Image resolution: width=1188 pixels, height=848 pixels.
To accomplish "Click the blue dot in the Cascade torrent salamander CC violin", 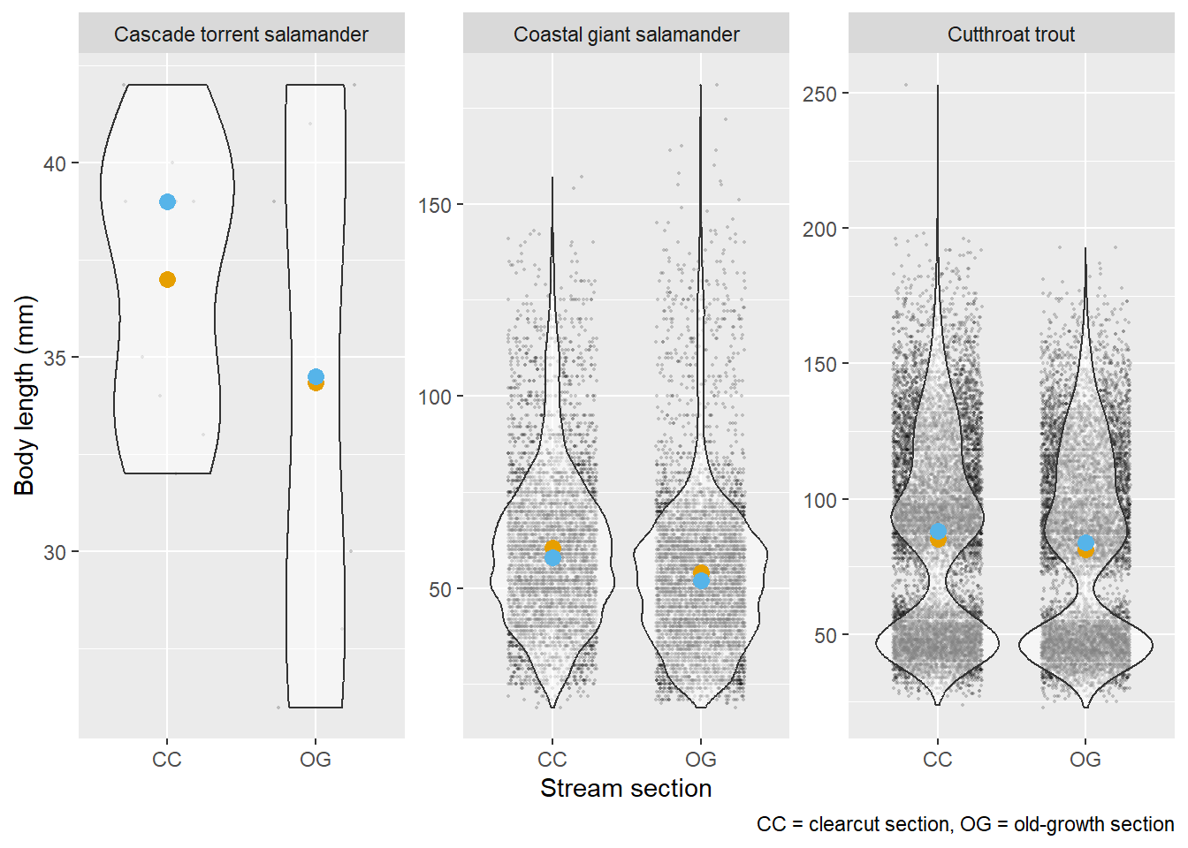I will click(167, 202).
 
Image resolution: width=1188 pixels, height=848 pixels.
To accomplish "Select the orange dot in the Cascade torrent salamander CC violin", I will click(167, 280).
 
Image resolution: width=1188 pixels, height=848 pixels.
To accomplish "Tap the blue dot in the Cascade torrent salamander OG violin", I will click(316, 376).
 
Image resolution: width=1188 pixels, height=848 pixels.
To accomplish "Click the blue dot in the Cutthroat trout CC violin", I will click(938, 532).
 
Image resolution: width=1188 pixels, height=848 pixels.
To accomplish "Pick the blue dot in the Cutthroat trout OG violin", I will click(1085, 542).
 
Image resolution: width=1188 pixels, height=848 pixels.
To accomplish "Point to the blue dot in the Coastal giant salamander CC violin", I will click(552, 558).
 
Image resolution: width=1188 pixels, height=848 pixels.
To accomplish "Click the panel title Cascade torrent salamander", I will click(241, 34).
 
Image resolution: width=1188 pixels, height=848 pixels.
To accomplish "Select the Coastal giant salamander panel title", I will click(626, 34).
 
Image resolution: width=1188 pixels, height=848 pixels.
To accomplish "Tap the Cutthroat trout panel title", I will click(1011, 34).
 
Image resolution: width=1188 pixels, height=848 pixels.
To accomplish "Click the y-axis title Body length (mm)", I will click(25, 395).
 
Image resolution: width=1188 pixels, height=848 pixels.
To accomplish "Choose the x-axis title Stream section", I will click(626, 788).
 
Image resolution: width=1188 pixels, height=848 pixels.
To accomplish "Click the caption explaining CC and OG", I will click(965, 824).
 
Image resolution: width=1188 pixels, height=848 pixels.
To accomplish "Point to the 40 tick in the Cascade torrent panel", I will click(55, 163).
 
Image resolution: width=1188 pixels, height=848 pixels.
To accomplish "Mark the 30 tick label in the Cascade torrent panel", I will click(55, 552).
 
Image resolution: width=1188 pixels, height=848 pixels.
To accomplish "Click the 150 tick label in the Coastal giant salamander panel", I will click(434, 205).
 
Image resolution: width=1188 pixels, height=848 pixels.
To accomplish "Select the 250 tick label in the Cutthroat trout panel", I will click(819, 94).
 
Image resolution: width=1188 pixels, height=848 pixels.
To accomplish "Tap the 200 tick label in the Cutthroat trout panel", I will click(819, 229).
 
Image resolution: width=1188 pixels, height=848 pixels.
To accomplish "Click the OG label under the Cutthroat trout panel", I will click(1085, 760).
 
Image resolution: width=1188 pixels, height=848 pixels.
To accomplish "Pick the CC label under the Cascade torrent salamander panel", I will click(167, 760).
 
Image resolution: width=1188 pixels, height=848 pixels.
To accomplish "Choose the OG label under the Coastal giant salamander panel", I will click(701, 760).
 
